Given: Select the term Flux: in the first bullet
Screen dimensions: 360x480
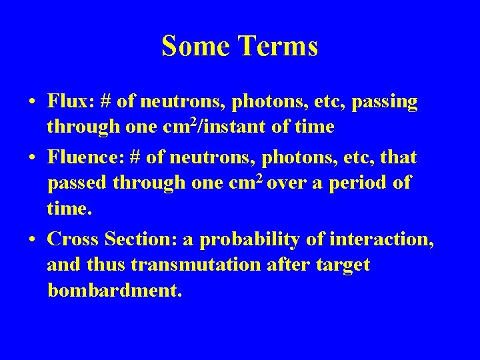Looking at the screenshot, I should point(71,101).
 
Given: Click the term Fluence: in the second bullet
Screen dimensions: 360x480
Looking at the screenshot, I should point(85,158).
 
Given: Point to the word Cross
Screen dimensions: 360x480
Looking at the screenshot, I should point(73,238).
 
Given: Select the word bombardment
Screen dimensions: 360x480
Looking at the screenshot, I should point(114,291).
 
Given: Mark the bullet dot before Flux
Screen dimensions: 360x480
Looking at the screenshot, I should point(32,103).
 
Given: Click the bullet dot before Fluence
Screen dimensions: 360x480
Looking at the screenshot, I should point(32,159).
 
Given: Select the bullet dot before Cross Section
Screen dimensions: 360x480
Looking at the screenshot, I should point(32,239).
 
